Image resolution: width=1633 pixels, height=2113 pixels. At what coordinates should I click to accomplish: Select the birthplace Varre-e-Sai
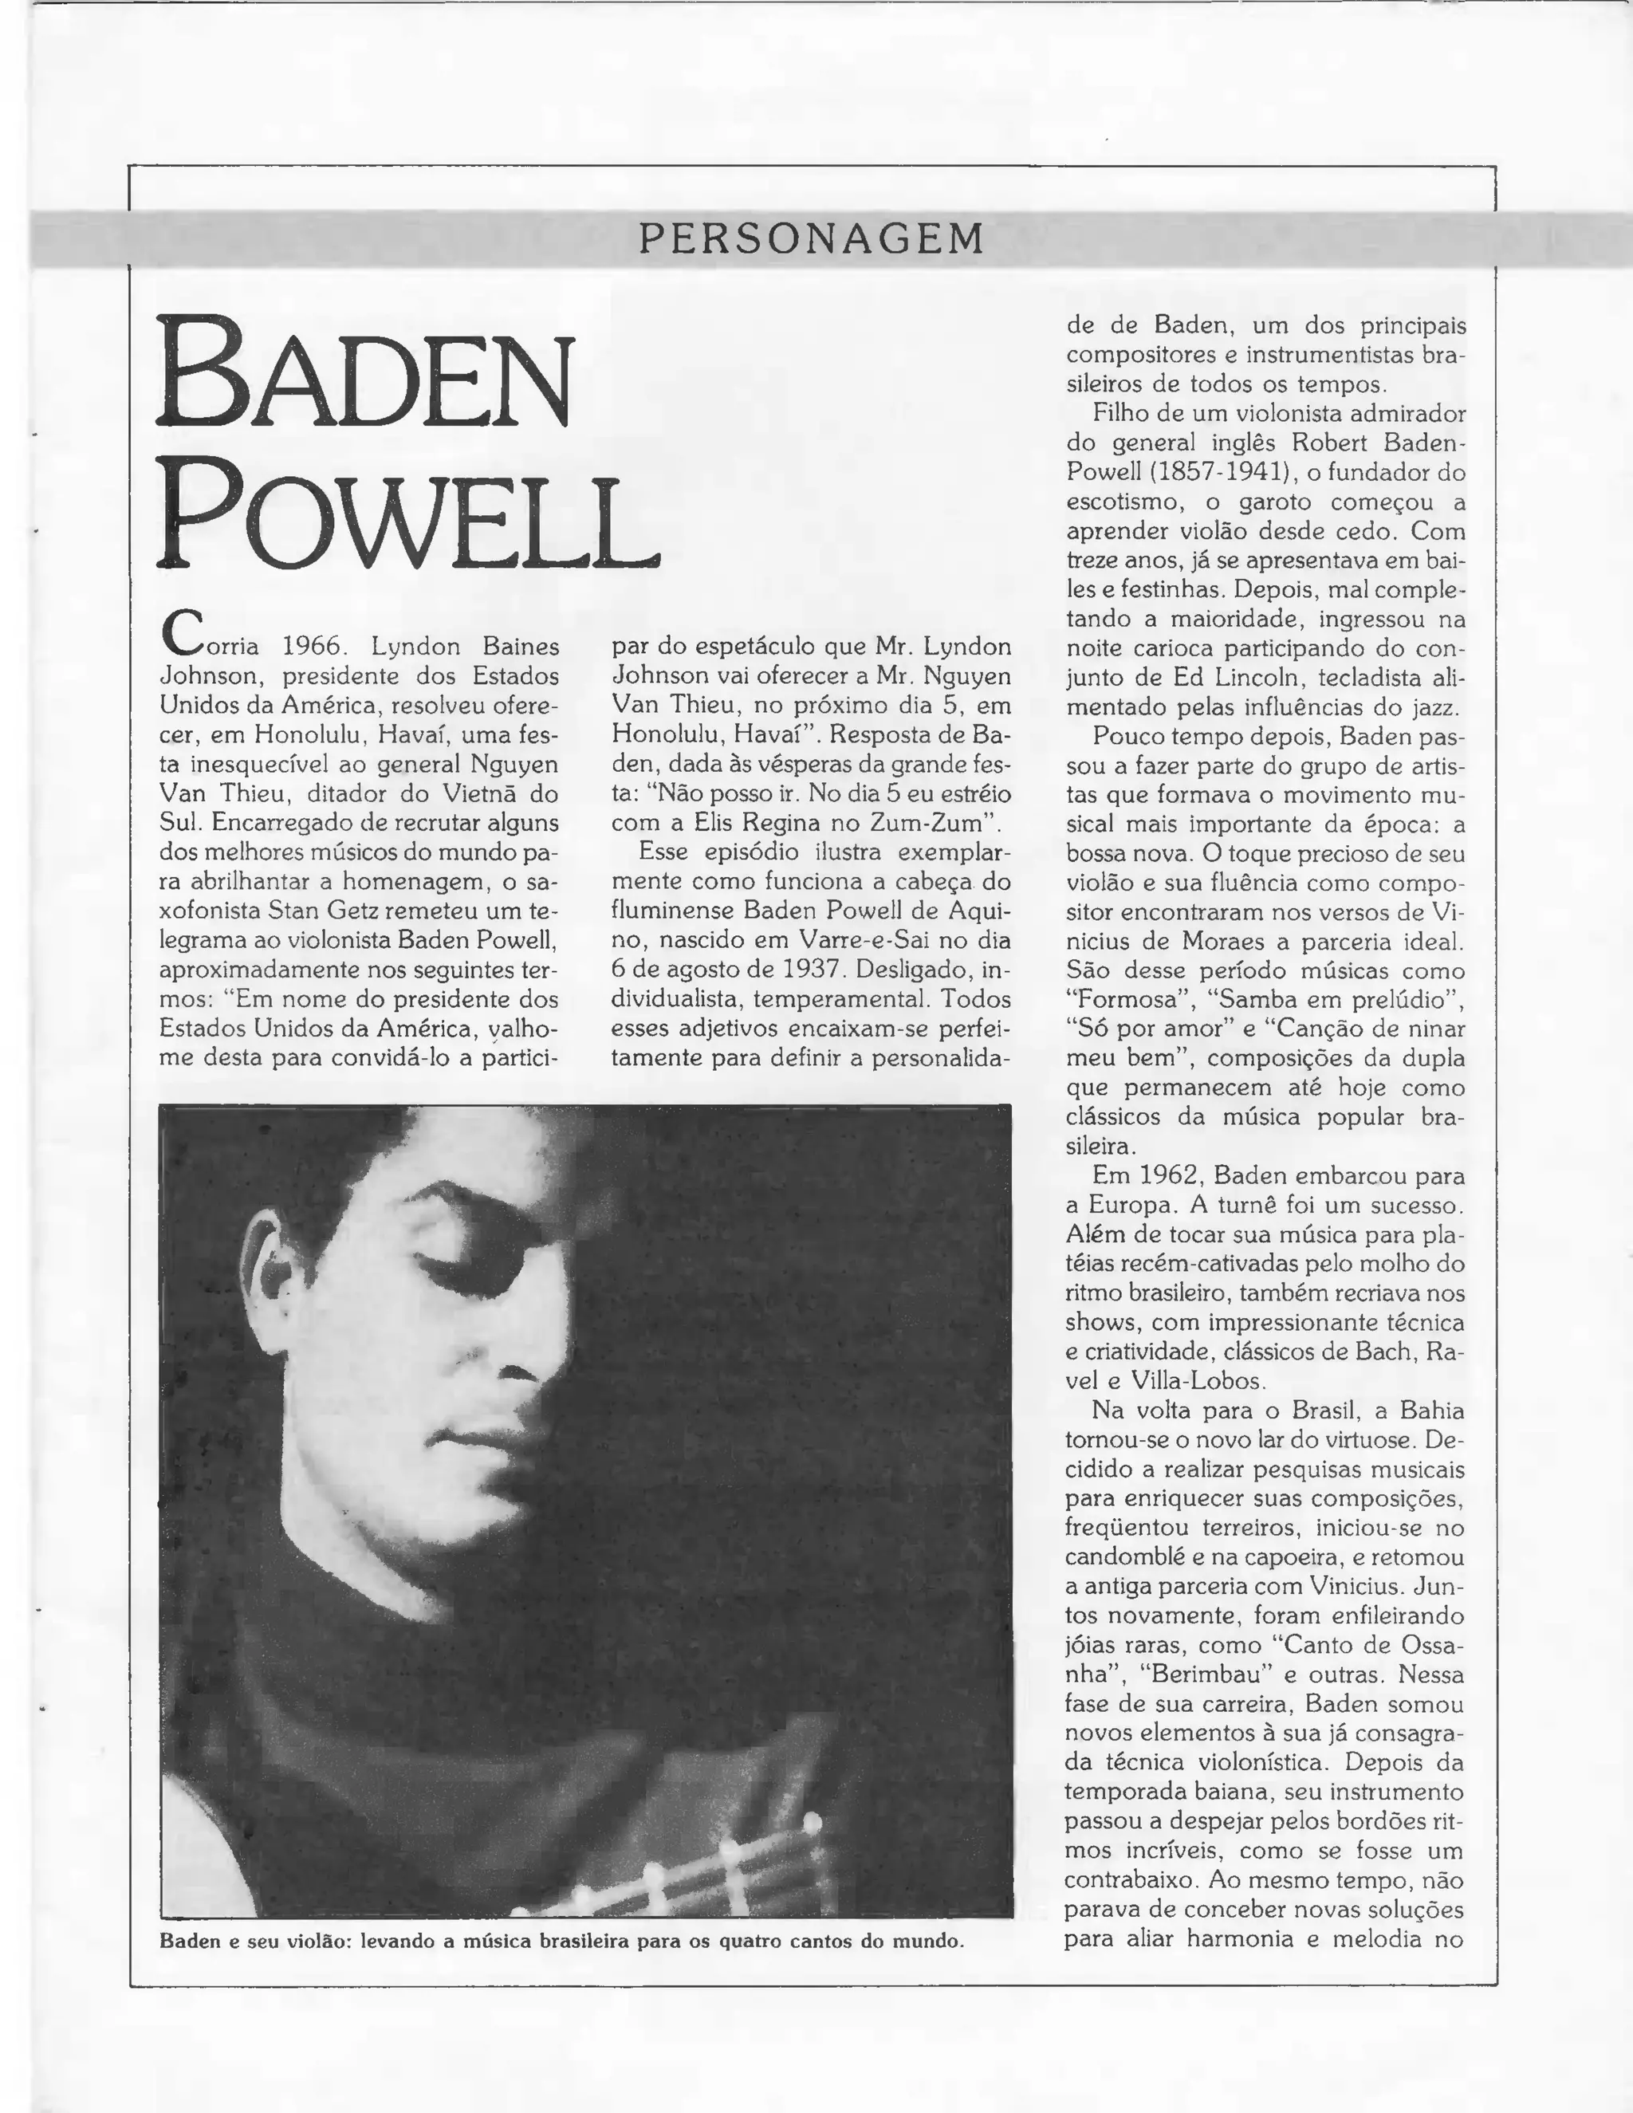click(839, 939)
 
